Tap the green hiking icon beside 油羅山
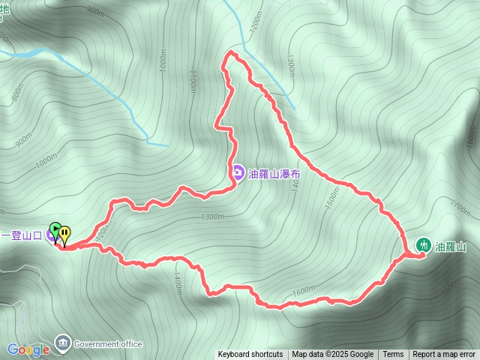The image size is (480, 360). (x=424, y=245)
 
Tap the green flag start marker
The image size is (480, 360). (x=55, y=229)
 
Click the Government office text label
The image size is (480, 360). (x=108, y=344)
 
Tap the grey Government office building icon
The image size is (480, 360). (x=62, y=343)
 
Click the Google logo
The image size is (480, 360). (x=28, y=349)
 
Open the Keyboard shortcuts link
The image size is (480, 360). (x=250, y=355)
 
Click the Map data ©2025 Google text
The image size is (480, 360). (x=333, y=355)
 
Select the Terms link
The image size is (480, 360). (x=393, y=355)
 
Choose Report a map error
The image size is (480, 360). (x=445, y=355)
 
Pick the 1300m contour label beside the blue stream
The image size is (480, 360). (x=291, y=69)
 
